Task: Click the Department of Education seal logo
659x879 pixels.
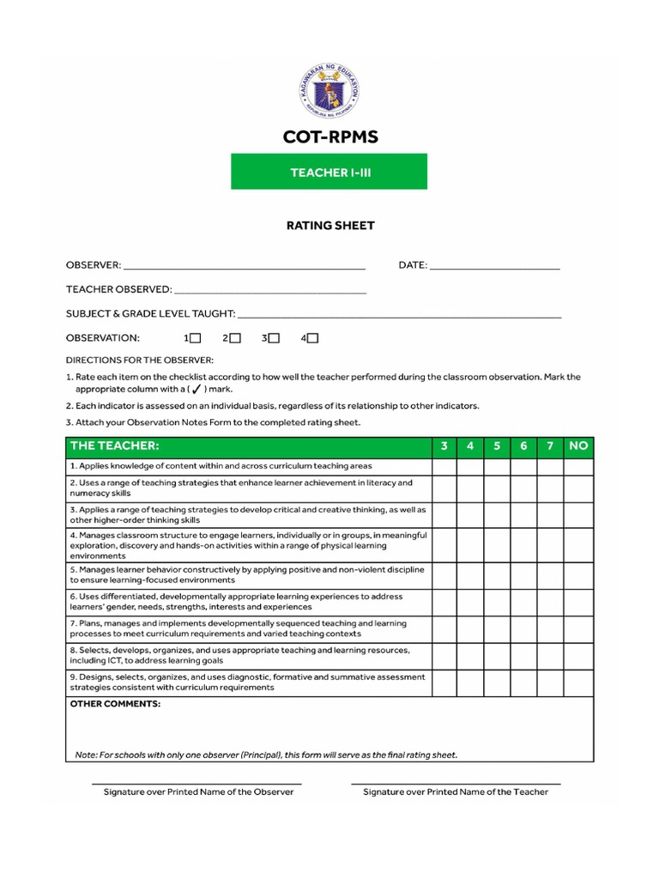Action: tap(329, 92)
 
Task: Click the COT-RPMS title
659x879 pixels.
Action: tap(329, 137)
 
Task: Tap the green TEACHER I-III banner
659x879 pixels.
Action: tap(329, 172)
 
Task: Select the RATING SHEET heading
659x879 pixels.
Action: tap(329, 226)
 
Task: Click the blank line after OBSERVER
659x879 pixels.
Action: tap(245, 267)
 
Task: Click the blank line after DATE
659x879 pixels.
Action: tap(494, 267)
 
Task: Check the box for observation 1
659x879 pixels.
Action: tap(196, 338)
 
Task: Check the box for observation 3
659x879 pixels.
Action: tap(274, 338)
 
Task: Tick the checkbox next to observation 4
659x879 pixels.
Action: tap(312, 338)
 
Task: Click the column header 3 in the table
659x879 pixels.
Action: tap(444, 446)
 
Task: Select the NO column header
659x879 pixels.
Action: tap(578, 446)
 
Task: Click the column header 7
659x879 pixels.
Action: tap(550, 446)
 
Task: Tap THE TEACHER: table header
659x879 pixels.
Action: tap(115, 446)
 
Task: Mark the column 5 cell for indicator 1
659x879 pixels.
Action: tap(497, 466)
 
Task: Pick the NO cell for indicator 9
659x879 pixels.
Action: tap(578, 682)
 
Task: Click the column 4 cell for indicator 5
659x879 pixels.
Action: tap(470, 575)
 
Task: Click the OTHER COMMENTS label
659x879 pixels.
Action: tap(115, 704)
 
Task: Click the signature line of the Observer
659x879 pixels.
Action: tap(197, 782)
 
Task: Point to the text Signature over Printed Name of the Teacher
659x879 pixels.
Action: tap(456, 792)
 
